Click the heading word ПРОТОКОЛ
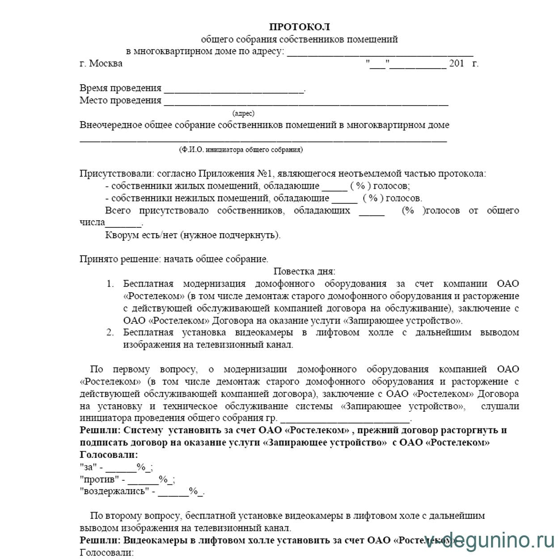299,27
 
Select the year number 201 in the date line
456,64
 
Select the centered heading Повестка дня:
304,271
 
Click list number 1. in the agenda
110,284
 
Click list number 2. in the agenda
110,333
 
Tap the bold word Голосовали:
109,455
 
